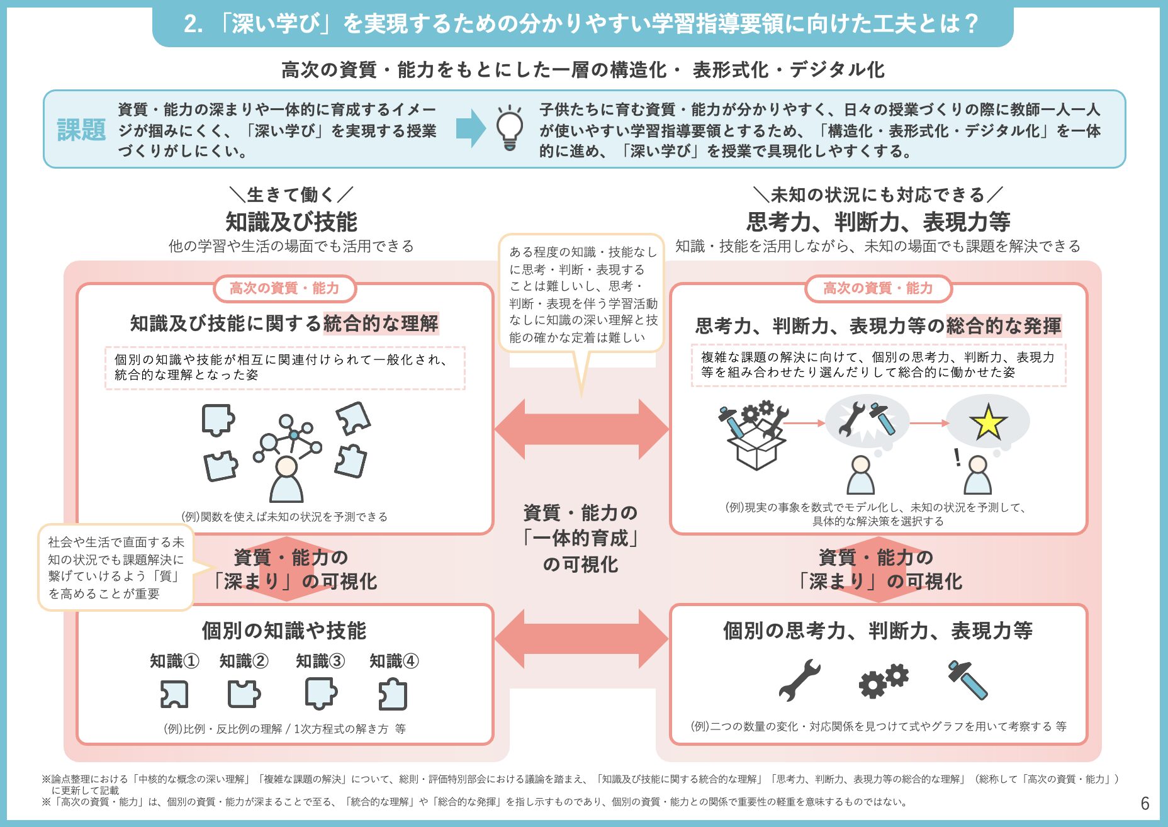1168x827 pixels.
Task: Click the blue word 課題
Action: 81,130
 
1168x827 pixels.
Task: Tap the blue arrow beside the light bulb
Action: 471,128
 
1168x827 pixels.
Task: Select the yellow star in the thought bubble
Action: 987,422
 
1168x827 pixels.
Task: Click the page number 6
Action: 1145,803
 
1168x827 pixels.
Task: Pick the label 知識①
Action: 174,661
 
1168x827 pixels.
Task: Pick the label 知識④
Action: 394,661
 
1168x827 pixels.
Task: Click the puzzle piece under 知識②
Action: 244,694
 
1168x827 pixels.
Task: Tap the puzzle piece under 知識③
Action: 321,694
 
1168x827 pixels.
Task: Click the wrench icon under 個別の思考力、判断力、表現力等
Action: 799,680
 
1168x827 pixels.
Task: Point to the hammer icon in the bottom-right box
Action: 968,680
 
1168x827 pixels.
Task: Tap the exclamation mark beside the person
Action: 957,457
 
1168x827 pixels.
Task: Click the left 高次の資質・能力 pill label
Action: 284,288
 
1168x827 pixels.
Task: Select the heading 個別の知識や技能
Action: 284,630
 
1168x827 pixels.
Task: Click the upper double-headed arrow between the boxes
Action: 581,429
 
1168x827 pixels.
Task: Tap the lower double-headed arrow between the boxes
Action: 581,639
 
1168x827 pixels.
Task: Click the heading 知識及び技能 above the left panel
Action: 291,222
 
